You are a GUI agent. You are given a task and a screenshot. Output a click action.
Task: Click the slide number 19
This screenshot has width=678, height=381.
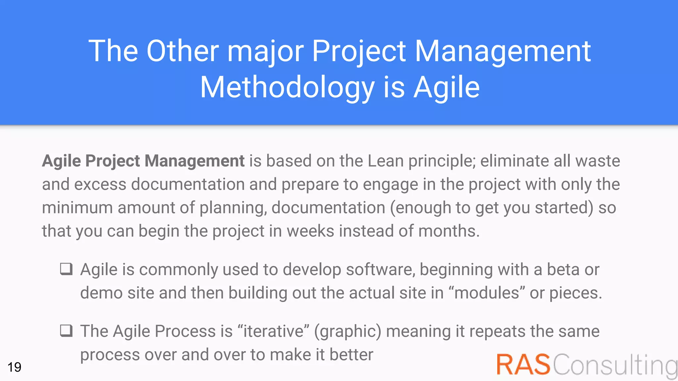(x=14, y=367)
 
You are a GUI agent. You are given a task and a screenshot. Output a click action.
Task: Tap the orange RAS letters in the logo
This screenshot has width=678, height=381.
(x=523, y=365)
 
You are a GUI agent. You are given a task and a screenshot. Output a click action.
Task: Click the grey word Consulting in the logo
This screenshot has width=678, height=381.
(x=615, y=365)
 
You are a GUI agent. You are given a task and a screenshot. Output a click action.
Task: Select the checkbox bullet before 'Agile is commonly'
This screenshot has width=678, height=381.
(x=66, y=269)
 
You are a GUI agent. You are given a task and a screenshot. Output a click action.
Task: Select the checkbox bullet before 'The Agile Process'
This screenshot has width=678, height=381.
(x=66, y=330)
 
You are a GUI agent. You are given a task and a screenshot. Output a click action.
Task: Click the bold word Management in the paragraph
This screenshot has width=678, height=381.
(x=194, y=161)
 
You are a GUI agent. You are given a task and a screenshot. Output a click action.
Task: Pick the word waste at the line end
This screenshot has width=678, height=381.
(x=598, y=161)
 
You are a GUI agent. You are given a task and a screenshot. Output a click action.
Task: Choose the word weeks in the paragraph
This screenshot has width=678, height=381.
(x=310, y=231)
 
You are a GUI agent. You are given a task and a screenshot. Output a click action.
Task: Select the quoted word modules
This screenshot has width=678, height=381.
(x=487, y=293)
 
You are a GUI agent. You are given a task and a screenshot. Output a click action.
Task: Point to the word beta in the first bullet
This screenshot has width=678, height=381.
(x=563, y=269)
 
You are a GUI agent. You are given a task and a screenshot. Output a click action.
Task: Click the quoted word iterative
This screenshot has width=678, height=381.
(x=273, y=331)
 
